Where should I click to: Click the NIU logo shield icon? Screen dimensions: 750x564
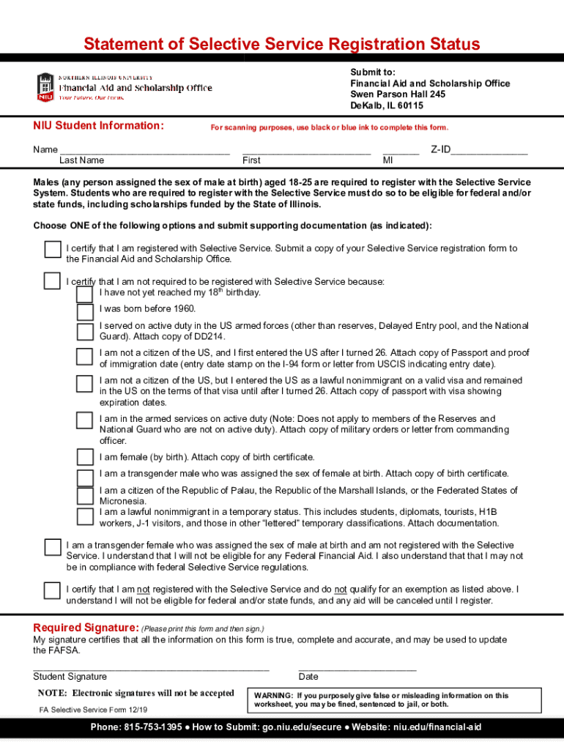(x=45, y=87)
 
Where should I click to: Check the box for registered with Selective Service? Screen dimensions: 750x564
(x=52, y=249)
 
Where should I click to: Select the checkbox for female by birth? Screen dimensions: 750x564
(x=85, y=458)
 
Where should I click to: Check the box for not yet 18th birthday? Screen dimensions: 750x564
(x=85, y=294)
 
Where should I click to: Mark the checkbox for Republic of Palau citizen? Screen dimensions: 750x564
(x=85, y=495)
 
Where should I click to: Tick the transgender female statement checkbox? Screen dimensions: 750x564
(x=52, y=547)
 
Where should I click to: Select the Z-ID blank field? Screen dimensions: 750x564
(x=489, y=150)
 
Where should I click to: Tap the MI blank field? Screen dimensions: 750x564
(x=401, y=150)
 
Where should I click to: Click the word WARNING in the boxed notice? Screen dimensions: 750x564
(x=274, y=696)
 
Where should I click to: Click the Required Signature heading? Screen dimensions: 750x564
(x=86, y=628)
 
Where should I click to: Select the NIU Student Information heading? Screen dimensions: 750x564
(x=98, y=126)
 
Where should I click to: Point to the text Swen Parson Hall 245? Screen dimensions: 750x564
(x=397, y=94)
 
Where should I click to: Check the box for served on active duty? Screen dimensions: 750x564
(x=85, y=330)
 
